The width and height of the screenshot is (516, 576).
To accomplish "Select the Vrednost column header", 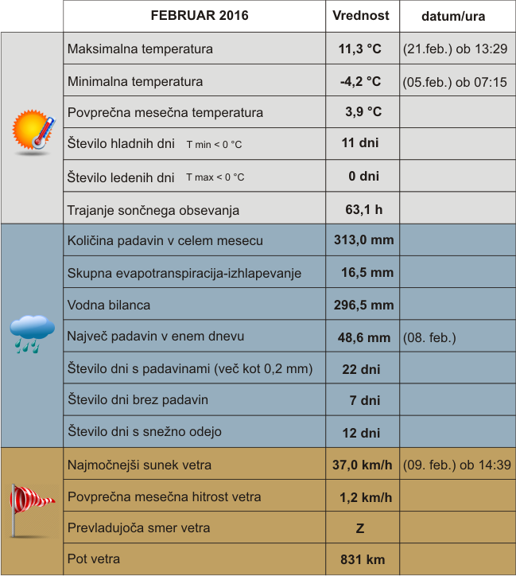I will tap(361, 16).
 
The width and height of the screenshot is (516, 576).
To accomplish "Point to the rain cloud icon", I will tap(33, 333).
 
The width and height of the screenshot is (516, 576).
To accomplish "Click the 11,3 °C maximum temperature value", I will tap(360, 49).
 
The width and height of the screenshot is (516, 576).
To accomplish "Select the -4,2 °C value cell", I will tap(360, 81).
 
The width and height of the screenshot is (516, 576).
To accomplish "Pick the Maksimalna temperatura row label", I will tap(140, 49).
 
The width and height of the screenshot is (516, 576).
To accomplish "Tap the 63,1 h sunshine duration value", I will tap(364, 210).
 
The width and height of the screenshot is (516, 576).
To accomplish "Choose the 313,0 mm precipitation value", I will tap(363, 240).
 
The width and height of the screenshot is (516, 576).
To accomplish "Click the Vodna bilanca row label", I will tap(109, 305).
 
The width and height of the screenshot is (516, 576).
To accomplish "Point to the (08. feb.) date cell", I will tap(429, 337).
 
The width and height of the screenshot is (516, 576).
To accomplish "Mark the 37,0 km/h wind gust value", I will tap(362, 465).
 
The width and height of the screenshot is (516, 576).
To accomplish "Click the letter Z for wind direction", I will tap(360, 528).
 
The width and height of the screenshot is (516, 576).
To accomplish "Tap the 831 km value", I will tap(363, 560).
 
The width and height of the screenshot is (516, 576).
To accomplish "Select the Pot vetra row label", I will tap(94, 559).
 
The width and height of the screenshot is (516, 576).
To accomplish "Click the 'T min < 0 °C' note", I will tap(214, 145).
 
